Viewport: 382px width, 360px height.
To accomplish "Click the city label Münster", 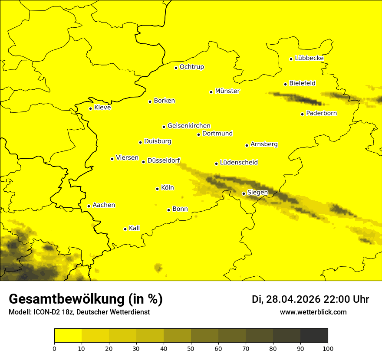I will pos(227,91).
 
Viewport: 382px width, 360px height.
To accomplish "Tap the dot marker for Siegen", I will pos(244,194).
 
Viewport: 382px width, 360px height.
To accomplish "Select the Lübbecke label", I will pos(309,58).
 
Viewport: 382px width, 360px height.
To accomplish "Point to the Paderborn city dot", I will pos(303,114).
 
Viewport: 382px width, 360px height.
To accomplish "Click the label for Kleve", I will pos(102,108).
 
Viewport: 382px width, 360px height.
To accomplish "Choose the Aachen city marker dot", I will pos(89,206).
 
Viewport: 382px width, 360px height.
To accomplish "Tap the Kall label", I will pos(134,228).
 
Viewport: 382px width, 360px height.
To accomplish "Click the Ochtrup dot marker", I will pos(176,68).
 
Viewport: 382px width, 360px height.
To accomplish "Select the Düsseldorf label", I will pos(163,160).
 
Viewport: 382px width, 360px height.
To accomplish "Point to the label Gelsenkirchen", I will pos(189,126).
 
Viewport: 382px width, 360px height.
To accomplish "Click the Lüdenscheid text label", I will pos(239,163).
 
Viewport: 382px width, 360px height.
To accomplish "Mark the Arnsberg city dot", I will pos(247,145).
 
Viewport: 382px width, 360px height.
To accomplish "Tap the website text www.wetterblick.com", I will pos(313,312).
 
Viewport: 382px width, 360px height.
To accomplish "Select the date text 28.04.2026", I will pos(293,299).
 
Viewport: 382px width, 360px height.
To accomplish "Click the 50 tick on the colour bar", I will pos(191,348).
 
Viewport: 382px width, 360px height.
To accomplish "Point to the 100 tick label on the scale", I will pos(328,348).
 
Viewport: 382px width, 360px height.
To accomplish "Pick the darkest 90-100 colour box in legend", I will pos(314,335).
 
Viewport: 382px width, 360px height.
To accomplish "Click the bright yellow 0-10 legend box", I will pos(68,335).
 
